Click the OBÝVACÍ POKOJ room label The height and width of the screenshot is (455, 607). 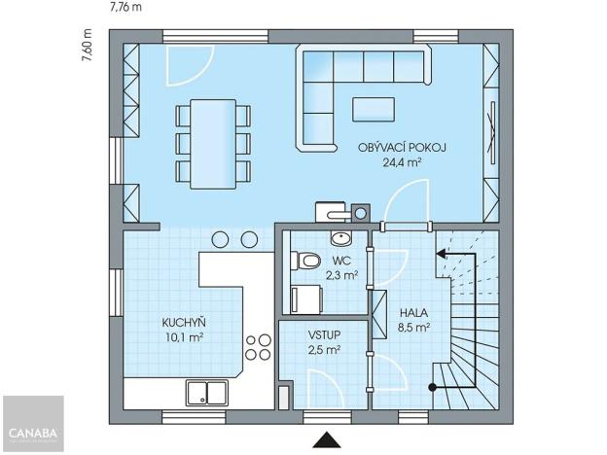[402, 148]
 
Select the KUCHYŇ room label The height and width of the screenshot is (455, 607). [184, 323]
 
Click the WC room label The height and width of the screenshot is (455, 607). [340, 261]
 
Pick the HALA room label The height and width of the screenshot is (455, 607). [413, 312]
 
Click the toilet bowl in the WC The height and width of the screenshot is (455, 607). [306, 261]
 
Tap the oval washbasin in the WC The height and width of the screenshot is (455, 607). [341, 237]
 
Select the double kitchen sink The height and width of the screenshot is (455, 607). [208, 392]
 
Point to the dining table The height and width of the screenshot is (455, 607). [211, 142]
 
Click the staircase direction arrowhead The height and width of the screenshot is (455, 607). [440, 253]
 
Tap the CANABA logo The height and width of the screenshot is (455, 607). [32, 424]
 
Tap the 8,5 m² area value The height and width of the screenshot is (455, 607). [413, 328]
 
